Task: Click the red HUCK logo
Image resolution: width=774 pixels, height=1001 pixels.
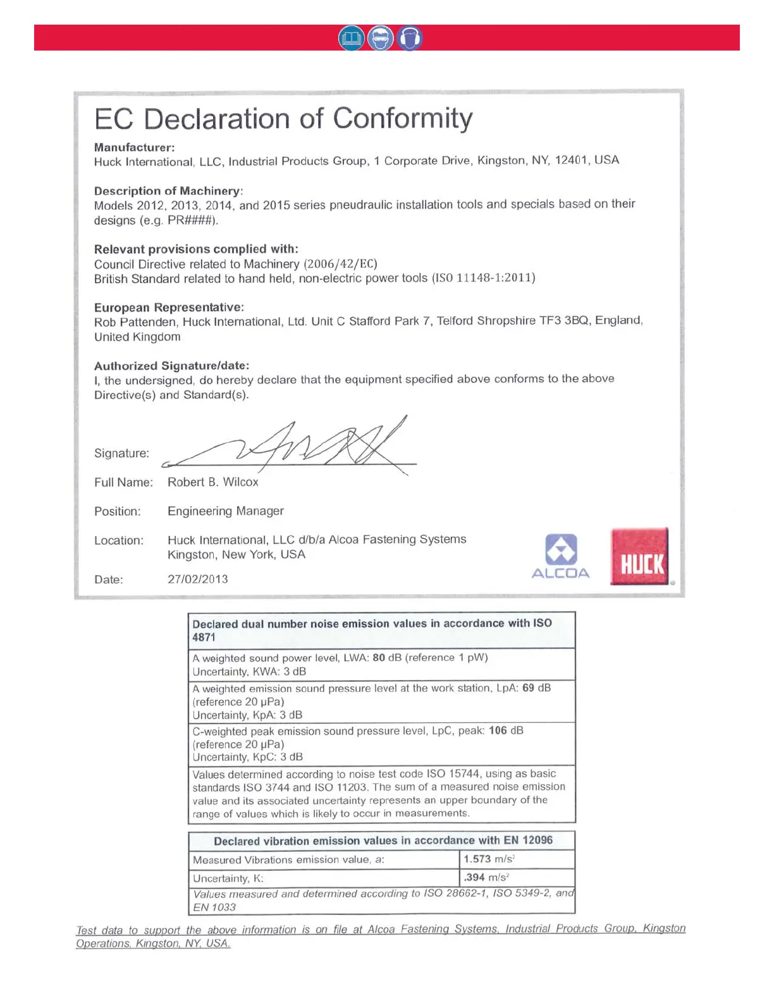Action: [639, 557]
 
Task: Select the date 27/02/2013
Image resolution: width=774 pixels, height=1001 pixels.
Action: [198, 579]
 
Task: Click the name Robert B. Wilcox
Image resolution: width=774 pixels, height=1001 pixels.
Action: [213, 482]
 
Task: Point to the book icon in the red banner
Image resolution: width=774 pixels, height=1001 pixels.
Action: [352, 39]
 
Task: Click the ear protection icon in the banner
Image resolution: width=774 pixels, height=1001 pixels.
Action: [410, 39]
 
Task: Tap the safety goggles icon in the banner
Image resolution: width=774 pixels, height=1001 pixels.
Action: [381, 39]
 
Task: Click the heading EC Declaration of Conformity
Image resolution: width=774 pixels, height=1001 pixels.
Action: [283, 119]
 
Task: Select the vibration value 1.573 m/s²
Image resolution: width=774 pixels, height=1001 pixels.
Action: [489, 859]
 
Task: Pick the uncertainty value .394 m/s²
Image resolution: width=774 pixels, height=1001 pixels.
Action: [486, 878]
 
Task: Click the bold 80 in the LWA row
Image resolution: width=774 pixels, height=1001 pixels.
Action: [379, 658]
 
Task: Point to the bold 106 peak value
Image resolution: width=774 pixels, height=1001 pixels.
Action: [498, 731]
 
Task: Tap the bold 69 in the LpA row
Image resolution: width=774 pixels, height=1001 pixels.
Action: [528, 688]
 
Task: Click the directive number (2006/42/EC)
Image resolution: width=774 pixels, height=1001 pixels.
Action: [341, 264]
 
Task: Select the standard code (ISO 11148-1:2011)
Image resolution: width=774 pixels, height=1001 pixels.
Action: [484, 278]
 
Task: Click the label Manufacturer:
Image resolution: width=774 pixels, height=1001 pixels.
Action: [135, 148]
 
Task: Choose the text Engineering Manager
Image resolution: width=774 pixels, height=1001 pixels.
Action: [226, 511]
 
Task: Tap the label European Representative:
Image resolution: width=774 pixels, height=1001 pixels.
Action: [169, 308]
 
